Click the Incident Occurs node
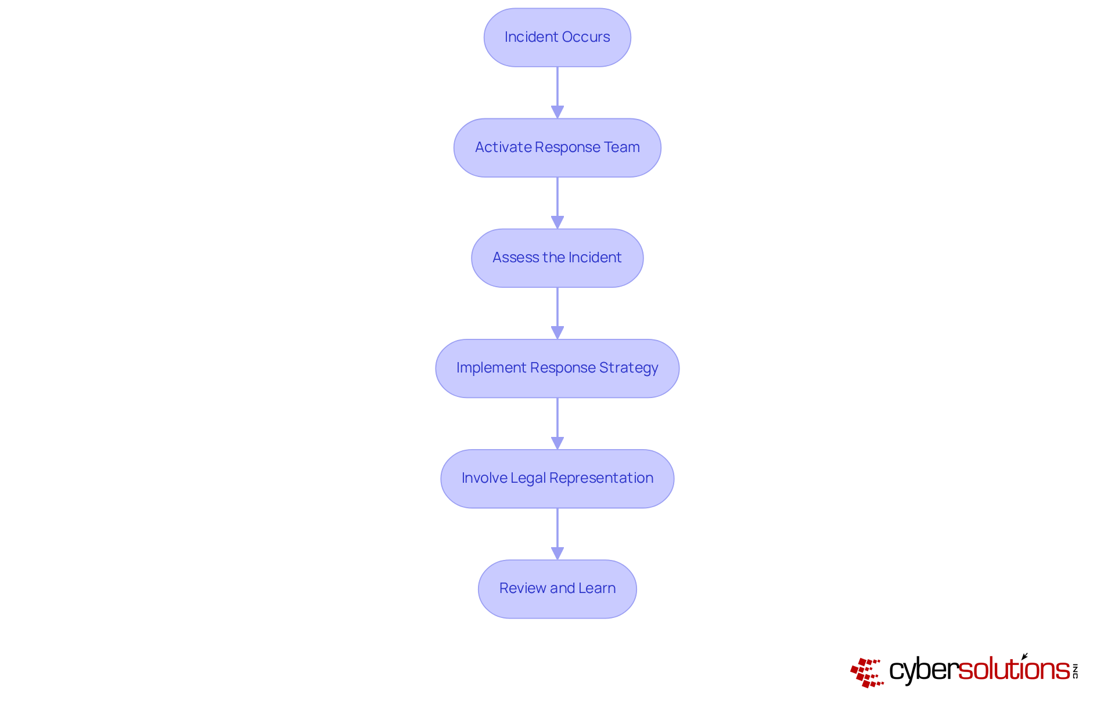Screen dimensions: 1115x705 (557, 37)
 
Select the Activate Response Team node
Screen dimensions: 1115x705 (557, 147)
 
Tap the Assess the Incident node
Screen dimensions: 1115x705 (557, 258)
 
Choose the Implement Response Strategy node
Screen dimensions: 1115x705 (557, 368)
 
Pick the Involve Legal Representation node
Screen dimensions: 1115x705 (557, 478)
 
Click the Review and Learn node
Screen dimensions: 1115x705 (557, 588)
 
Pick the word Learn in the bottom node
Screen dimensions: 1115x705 (597, 588)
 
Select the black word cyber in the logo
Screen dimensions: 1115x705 (923, 670)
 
